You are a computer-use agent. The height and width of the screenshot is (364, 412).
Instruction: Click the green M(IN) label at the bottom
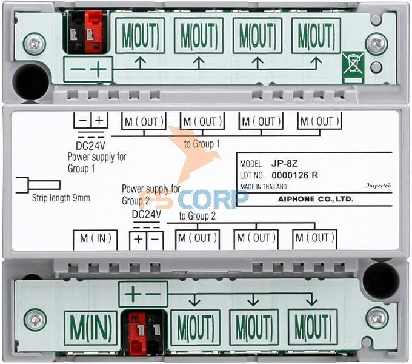coord(90,328)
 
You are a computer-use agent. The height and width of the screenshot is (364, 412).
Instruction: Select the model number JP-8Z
coord(284,164)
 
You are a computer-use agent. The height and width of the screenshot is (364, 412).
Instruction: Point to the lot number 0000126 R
coord(295,175)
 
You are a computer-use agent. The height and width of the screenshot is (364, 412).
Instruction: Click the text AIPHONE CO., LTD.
coord(316,199)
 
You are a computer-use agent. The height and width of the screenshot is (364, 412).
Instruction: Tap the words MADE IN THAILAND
coord(264,187)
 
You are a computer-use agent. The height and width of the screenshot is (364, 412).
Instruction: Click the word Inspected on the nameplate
coord(378,186)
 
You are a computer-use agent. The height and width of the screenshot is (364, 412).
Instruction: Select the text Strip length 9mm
coord(61,198)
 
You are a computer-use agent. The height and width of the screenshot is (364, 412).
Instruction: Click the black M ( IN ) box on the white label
coord(95,240)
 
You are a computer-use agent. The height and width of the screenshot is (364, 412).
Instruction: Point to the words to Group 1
coord(202,144)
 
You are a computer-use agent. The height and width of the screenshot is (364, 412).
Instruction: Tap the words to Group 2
coord(198,216)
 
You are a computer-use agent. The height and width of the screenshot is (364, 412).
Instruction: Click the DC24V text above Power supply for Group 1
coord(90,145)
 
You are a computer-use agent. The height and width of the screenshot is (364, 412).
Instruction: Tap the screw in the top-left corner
coord(35,43)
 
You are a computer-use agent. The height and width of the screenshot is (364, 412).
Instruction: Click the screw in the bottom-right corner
coord(377,319)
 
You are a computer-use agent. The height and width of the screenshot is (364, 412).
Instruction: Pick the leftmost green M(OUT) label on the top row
coord(141,36)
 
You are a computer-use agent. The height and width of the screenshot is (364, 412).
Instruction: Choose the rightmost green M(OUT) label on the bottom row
coord(313,328)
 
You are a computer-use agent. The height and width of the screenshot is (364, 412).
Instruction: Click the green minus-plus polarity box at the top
coord(88,70)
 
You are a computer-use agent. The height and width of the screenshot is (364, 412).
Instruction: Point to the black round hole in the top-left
coord(31,82)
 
